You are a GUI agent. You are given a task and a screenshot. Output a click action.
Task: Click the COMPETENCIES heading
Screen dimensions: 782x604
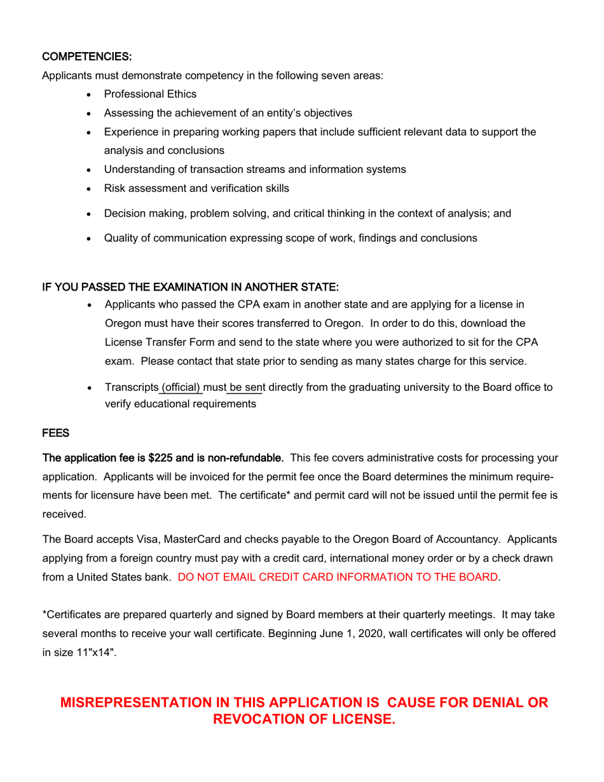[x=86, y=57]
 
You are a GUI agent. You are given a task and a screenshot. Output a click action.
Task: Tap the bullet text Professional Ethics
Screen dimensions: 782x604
[x=150, y=95]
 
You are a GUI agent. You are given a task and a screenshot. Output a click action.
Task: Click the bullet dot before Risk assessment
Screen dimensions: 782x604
[x=90, y=189]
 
